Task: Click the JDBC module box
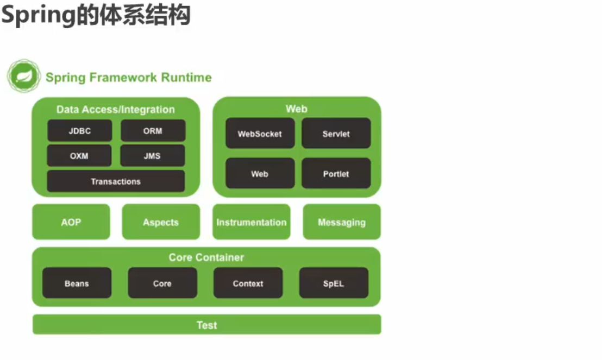[x=80, y=130]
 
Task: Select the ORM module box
[x=153, y=130]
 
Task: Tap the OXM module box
[x=79, y=155]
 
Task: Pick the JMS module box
[x=153, y=155]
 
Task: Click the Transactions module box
[x=116, y=181]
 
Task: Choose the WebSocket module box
[x=260, y=133]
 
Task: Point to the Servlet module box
[x=336, y=133]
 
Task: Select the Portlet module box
[x=336, y=173]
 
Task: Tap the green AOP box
[x=71, y=222]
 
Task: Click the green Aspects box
[x=161, y=222]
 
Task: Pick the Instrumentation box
[x=252, y=222]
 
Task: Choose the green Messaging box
[x=342, y=222]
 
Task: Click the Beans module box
[x=77, y=283]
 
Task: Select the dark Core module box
[x=162, y=283]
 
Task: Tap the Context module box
[x=248, y=283]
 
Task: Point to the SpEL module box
[x=334, y=283]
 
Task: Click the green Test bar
[x=207, y=325]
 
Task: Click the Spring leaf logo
[x=24, y=76]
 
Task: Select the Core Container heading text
[x=206, y=257]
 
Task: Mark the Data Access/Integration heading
[x=116, y=109]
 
